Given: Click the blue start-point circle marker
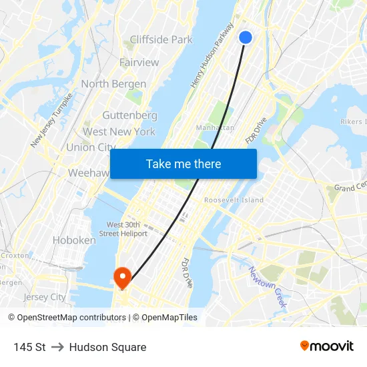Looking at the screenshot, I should pyautogui.click(x=246, y=38).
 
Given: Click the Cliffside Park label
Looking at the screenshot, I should pyautogui.click(x=161, y=39).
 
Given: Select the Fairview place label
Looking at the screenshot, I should pyautogui.click(x=139, y=62).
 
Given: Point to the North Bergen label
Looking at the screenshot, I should pyautogui.click(x=113, y=84).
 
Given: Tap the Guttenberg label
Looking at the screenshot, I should pyautogui.click(x=129, y=115).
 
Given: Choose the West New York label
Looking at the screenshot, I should pyautogui.click(x=119, y=131).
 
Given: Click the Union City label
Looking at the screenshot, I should pyautogui.click(x=91, y=147).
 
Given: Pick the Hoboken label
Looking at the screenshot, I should pyautogui.click(x=73, y=240).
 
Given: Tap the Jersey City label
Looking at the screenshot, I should pyautogui.click(x=44, y=297).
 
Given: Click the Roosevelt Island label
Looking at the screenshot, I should pyautogui.click(x=234, y=200).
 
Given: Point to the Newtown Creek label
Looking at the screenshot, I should pyautogui.click(x=268, y=287).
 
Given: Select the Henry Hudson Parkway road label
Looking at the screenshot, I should pyautogui.click(x=212, y=55).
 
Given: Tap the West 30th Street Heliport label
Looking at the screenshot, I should pyautogui.click(x=123, y=229).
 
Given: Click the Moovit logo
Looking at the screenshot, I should pyautogui.click(x=327, y=346).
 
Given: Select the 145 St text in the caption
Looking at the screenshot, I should pyautogui.click(x=29, y=347).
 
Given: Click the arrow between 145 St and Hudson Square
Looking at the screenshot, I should pyautogui.click(x=57, y=347).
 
